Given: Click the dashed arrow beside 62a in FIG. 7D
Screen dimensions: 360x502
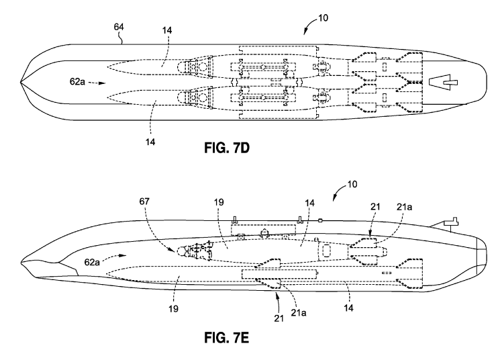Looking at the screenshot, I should click(96, 84).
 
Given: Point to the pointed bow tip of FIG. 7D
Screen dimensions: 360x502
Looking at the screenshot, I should click(22, 84).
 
